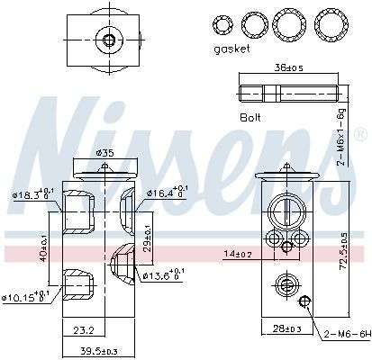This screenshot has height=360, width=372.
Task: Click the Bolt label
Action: (251, 118)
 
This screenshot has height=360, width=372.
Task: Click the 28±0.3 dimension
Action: (284, 330)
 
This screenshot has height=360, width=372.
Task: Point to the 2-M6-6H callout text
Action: (347, 335)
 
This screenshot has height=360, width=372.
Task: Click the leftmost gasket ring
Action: (221, 23)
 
